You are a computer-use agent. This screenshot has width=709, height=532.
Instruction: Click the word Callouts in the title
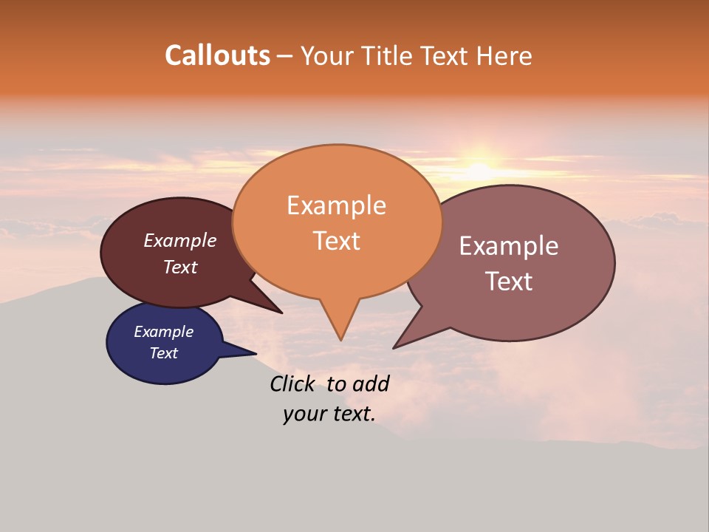click(x=217, y=55)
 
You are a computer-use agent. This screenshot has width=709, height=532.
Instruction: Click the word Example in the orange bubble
click(x=337, y=205)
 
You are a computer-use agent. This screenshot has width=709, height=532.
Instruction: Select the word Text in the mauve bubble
click(x=509, y=281)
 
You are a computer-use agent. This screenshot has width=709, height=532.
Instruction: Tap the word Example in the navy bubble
click(x=164, y=332)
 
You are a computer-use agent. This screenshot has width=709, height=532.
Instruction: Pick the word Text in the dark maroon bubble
click(x=180, y=267)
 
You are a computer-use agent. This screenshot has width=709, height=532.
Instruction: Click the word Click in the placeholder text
click(x=293, y=383)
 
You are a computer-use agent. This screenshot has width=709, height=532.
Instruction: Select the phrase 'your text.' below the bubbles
click(x=329, y=414)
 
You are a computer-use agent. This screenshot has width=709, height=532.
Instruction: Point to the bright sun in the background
click(x=479, y=169)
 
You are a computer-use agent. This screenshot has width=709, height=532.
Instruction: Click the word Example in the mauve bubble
click(x=509, y=246)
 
